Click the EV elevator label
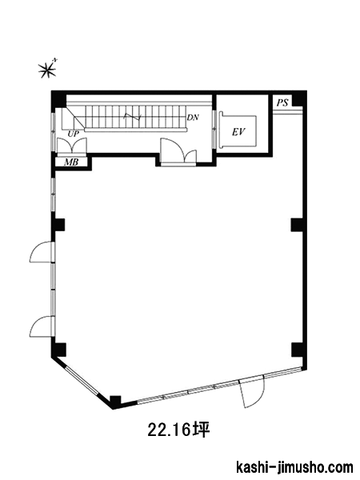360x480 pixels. click(x=238, y=132)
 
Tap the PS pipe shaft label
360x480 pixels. click(x=282, y=103)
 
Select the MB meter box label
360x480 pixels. click(x=71, y=162)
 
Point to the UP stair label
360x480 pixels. click(x=74, y=134)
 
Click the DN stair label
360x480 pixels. click(x=193, y=118)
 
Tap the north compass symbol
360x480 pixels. click(x=48, y=69)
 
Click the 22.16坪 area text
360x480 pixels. click(x=178, y=430)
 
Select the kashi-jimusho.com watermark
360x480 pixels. click(x=294, y=467)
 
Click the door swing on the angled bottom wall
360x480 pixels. click(x=252, y=393)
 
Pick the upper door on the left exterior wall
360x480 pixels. click(x=42, y=252)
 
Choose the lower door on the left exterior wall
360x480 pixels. click(x=42, y=326)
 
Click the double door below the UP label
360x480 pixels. click(x=72, y=146)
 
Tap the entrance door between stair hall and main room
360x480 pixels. click(x=178, y=152)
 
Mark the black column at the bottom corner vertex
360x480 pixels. click(x=116, y=402)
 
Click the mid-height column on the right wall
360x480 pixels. click(x=297, y=225)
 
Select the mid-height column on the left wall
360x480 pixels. click(x=58, y=225)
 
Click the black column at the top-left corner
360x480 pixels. click(x=58, y=98)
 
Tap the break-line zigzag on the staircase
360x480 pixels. click(x=132, y=117)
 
